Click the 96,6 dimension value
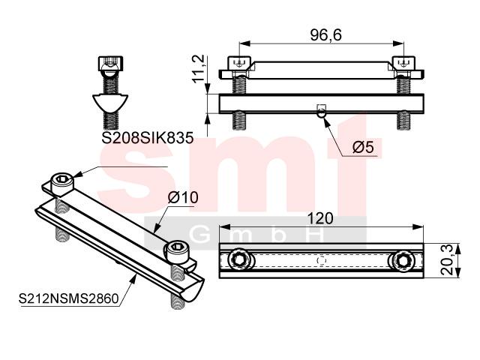tap(325, 35)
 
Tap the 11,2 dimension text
tap(198, 69)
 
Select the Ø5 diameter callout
tap(363, 147)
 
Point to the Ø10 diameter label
tap(183, 197)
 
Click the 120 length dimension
tap(320, 218)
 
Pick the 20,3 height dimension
tap(448, 261)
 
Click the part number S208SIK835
tap(148, 138)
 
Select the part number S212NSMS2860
tap(68, 298)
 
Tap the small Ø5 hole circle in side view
tap(322, 113)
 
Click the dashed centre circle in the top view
tap(322, 261)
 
